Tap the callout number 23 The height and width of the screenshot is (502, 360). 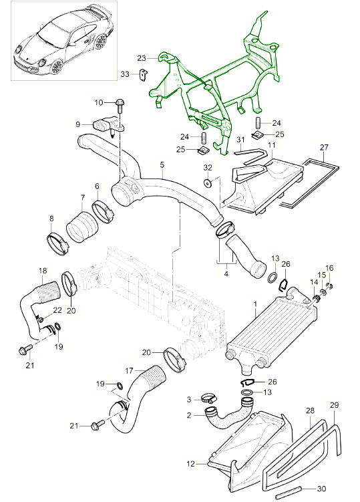click(142, 58)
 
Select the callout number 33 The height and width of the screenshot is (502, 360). click(125, 74)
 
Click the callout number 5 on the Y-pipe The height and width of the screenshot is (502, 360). click(161, 164)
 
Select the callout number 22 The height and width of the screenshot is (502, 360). click(57, 309)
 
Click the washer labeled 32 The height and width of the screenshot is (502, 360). click(208, 183)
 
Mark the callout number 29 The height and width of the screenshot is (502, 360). click(335, 405)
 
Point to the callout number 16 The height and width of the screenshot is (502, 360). click(328, 267)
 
